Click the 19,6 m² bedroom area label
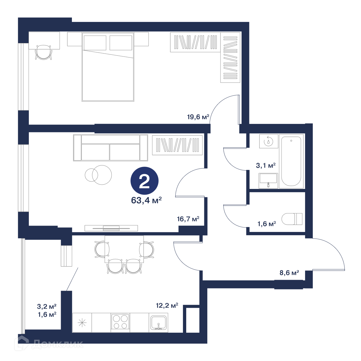(198, 117)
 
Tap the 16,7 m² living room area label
(188, 219)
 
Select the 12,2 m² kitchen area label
(167, 306)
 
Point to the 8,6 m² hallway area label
(289, 273)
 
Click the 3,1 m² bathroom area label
(266, 165)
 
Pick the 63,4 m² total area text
(146, 200)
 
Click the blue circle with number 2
(144, 180)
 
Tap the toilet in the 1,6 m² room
(292, 219)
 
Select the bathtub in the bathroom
(291, 161)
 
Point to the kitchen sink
(159, 322)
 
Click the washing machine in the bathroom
(268, 141)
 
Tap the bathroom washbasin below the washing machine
(268, 180)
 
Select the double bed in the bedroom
(108, 67)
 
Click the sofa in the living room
(110, 148)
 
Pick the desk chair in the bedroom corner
(43, 52)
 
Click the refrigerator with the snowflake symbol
(82, 322)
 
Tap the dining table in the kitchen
(124, 249)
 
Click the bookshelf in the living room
(177, 145)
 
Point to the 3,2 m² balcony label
(47, 307)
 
